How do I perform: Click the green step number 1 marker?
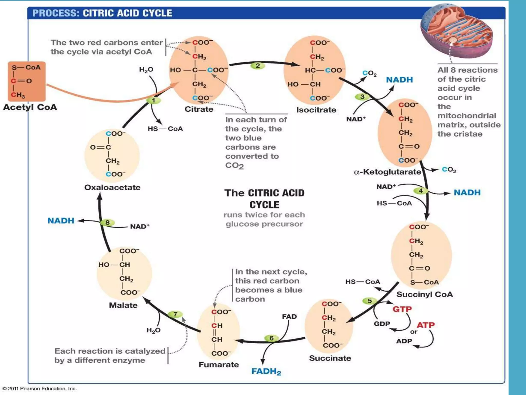pos(154,100)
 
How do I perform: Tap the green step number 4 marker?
pos(421,191)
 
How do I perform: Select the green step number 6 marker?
pos(271,338)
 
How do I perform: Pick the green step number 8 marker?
pos(107,222)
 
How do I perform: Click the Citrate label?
pos(199,109)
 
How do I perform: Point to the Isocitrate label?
pos(316,110)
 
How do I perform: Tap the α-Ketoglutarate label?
pos(387,172)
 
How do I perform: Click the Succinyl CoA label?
pos(425,294)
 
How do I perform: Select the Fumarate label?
pos(219,364)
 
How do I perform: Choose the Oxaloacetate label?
pos(112,187)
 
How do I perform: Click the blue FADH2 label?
pos(266,371)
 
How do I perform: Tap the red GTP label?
pos(402,309)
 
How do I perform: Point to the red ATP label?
pos(426,325)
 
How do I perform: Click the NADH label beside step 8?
pos(61,220)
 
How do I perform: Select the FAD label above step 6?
pos(289,317)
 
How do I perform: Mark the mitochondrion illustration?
pos(457,31)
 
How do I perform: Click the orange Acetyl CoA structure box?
pos(27,81)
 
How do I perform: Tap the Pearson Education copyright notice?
pos(40,388)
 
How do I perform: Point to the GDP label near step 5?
pos(382,324)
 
